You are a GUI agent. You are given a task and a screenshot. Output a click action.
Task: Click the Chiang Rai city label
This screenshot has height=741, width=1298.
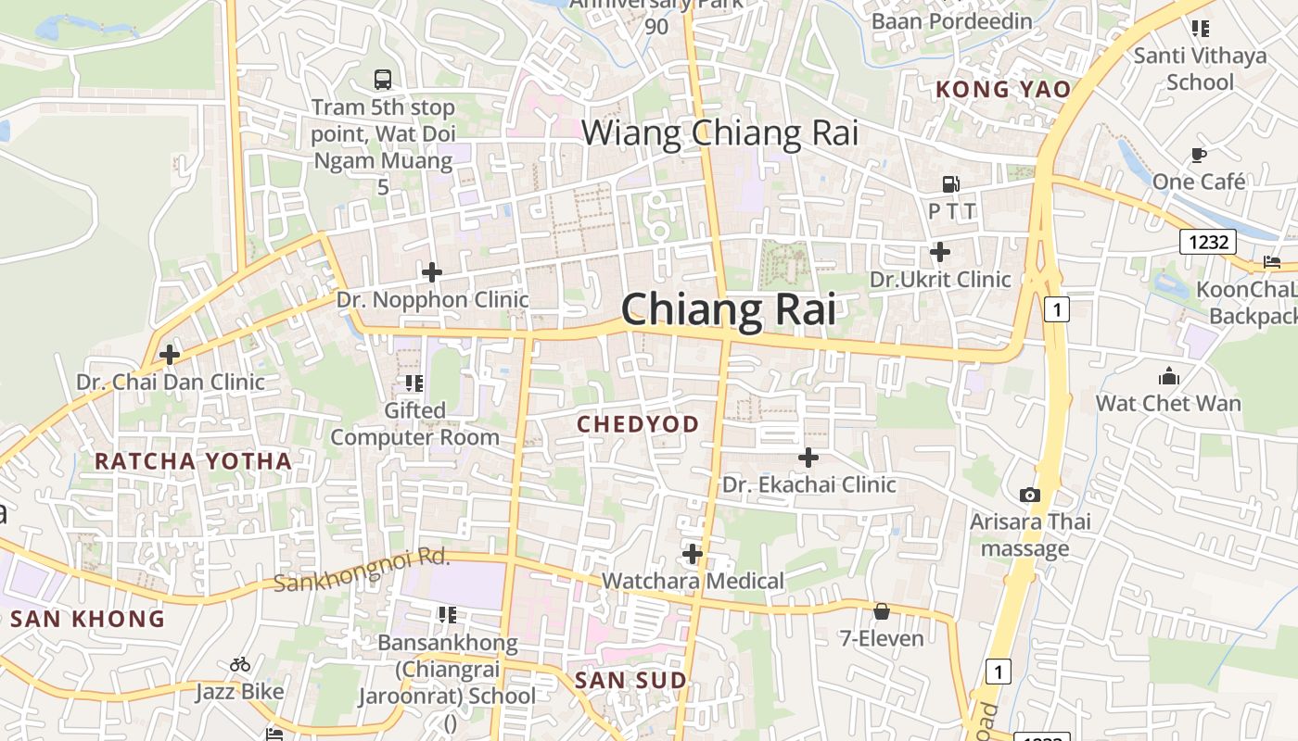coord(729,309)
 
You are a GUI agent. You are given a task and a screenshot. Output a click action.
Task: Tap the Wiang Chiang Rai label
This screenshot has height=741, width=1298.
coord(719,133)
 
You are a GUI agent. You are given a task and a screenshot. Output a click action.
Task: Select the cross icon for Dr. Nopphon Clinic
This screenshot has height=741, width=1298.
coord(431,272)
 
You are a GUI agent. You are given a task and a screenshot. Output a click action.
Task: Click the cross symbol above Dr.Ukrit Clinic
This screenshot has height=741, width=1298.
coord(940,251)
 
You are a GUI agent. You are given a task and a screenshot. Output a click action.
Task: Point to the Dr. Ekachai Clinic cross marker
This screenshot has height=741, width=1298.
coord(808,457)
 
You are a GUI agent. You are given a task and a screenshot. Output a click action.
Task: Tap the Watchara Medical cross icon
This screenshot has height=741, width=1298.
coord(692,554)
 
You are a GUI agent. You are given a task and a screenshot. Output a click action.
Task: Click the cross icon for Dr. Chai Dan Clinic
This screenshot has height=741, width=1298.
coord(170,354)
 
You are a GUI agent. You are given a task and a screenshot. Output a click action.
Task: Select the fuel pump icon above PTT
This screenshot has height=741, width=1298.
coord(950,184)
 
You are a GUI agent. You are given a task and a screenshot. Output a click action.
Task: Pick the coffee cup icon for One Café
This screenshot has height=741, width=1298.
coord(1199,155)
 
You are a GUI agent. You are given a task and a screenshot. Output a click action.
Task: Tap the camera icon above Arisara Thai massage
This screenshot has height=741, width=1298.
coord(1029,496)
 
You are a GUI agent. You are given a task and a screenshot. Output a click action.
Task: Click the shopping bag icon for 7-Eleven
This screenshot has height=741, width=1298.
coord(881,611)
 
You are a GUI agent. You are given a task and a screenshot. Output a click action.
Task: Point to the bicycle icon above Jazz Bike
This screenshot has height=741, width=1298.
coord(240,664)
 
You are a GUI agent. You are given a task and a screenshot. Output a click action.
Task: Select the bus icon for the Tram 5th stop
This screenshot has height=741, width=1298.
coord(382,80)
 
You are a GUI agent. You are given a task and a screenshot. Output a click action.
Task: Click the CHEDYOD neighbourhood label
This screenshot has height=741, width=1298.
coord(638,424)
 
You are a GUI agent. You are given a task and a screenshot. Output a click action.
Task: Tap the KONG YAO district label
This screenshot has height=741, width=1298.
coord(1002,90)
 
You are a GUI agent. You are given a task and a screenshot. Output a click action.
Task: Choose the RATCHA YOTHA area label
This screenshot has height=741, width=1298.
coord(193,460)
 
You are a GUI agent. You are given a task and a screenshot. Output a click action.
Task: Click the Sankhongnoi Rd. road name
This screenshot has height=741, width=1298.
coord(362,570)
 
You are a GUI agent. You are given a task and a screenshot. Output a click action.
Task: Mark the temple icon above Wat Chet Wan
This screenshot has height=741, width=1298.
coord(1168,376)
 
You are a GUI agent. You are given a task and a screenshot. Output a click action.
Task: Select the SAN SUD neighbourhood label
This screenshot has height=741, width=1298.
coord(630,681)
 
